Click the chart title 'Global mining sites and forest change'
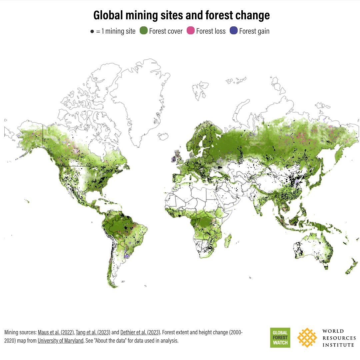click(181, 15)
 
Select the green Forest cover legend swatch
click(144, 31)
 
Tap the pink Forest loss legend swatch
click(190, 31)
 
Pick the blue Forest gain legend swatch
click(234, 31)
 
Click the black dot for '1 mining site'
click(92, 32)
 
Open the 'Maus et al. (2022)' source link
click(55, 332)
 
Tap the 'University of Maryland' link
click(60, 341)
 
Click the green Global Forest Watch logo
click(280, 337)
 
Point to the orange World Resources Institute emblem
click(307, 337)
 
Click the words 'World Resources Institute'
click(338, 338)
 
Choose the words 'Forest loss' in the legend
click(211, 31)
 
